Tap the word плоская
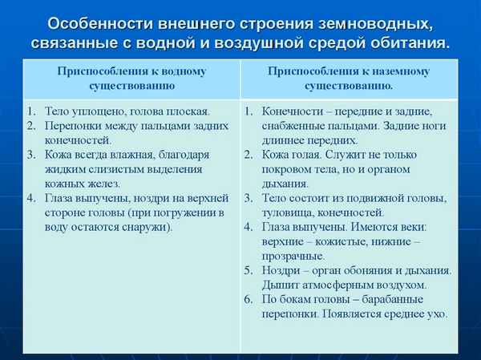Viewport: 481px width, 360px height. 189,111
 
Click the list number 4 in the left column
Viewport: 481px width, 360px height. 30,198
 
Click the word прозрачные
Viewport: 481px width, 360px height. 294,257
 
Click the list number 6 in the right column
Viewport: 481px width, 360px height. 248,300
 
